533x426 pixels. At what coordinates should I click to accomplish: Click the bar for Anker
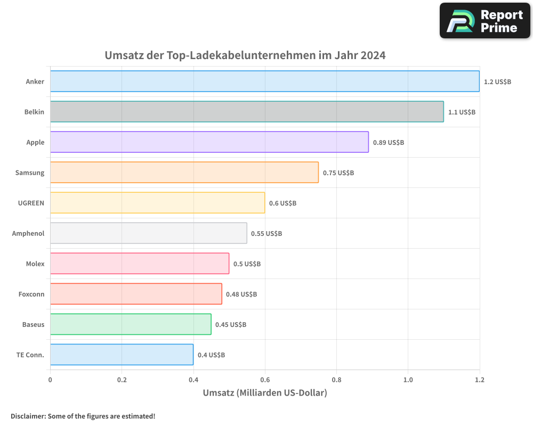point(265,81)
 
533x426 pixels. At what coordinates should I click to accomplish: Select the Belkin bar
point(247,112)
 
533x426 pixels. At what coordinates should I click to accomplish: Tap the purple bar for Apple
point(209,142)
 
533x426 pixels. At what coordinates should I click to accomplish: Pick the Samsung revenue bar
point(184,173)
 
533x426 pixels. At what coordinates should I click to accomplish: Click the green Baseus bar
point(131,324)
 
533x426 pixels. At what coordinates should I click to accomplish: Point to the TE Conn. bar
point(122,355)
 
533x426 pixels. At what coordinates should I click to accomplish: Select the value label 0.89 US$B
point(388,143)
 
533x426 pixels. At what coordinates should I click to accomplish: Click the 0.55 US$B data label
point(266,234)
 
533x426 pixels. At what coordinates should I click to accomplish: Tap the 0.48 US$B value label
point(241,294)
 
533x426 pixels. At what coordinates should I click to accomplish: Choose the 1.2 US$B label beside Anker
point(497,82)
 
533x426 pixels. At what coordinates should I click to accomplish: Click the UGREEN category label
point(31,203)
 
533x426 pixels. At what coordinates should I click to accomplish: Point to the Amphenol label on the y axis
point(28,233)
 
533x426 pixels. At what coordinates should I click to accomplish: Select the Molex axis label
point(35,264)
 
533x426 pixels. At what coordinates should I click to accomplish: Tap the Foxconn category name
point(31,294)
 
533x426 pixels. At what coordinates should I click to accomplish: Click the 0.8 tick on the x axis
point(336,380)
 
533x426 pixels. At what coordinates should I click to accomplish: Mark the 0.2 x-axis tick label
point(122,380)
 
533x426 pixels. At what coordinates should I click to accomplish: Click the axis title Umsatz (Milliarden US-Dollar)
point(265,393)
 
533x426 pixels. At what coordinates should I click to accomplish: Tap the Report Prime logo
point(485,21)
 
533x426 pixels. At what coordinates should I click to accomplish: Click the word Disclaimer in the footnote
point(27,416)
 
